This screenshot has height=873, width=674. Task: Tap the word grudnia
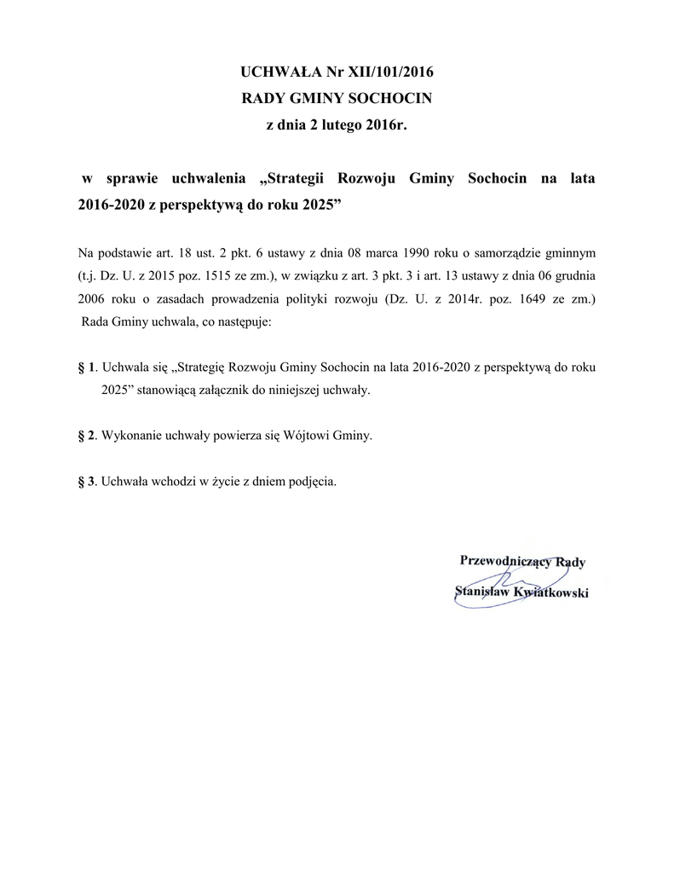tap(576, 277)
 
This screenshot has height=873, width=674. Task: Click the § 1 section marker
tap(85, 368)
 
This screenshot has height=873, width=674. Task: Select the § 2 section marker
tap(85, 436)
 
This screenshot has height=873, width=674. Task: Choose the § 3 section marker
tap(85, 481)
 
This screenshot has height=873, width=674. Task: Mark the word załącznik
tap(234, 390)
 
